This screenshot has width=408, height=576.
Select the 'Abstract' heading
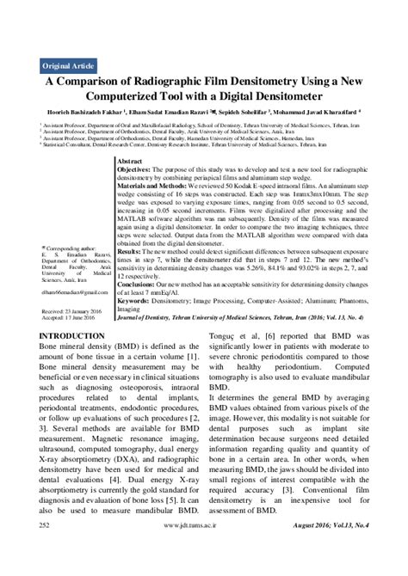pyautogui.click(x=128, y=162)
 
